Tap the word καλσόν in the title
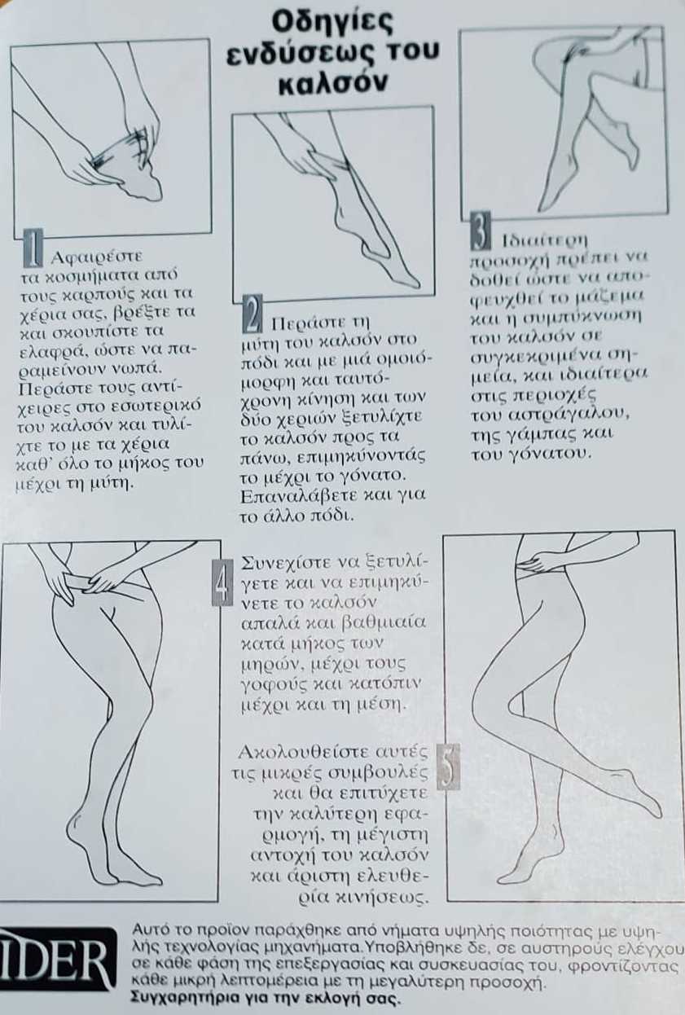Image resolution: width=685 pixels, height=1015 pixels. tap(332, 83)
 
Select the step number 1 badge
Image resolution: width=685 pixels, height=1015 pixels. tap(33, 248)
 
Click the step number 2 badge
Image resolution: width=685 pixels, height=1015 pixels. tap(252, 314)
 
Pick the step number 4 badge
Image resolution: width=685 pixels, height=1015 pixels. tap(223, 582)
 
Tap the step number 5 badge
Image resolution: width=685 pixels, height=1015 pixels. tap(448, 767)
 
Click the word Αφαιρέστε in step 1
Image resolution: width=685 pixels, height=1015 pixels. tap(96, 258)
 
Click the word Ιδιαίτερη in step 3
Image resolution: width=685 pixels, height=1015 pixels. tap(545, 240)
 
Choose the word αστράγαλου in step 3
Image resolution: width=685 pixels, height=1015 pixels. tap(573, 415)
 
